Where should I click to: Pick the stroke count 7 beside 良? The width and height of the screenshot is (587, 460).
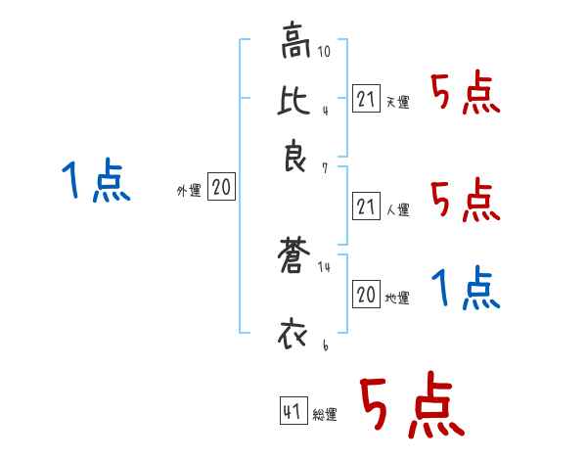(325, 169)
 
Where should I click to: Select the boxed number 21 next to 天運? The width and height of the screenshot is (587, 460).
(366, 98)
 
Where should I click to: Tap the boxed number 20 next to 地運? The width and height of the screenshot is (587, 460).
(366, 295)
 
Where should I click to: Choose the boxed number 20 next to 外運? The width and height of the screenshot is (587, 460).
(222, 188)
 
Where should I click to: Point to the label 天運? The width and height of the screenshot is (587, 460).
(397, 102)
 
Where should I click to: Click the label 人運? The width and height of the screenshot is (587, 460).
(397, 209)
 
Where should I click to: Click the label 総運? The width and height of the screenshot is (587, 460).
(325, 414)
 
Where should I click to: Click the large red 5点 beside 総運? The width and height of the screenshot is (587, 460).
(410, 406)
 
